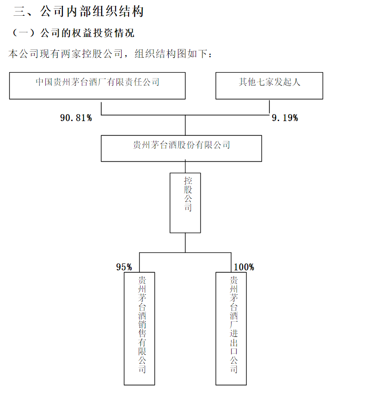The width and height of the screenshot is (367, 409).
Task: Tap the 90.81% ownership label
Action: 76,118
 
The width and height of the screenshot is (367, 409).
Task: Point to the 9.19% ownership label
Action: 285,118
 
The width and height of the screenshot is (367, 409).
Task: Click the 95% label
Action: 124,267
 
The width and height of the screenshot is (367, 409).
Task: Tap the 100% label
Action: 244,267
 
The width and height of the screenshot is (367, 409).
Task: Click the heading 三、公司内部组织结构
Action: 79,12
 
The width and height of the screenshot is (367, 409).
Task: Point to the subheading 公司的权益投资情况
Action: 87,33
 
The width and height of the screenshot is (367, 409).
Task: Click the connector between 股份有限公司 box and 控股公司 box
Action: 185,167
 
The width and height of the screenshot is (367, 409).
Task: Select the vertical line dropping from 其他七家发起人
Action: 269,107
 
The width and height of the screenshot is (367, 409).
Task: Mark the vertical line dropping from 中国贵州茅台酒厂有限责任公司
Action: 101,109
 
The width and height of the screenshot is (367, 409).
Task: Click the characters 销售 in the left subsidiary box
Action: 142,329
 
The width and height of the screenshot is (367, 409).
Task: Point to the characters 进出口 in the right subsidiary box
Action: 234,342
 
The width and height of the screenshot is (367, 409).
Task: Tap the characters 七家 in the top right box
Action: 265,82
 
